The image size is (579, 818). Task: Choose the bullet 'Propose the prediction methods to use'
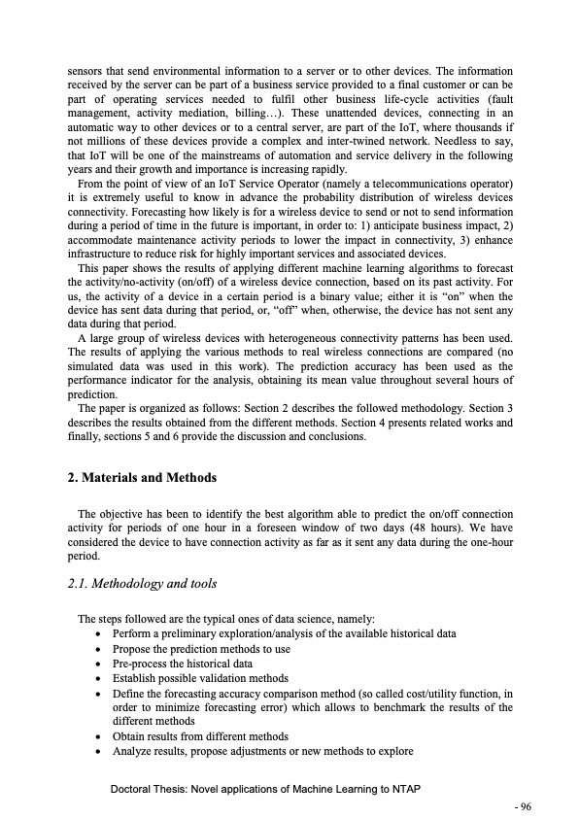(201, 648)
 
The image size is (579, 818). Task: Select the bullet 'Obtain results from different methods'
(200, 735)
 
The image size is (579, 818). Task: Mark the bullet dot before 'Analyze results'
(102, 751)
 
